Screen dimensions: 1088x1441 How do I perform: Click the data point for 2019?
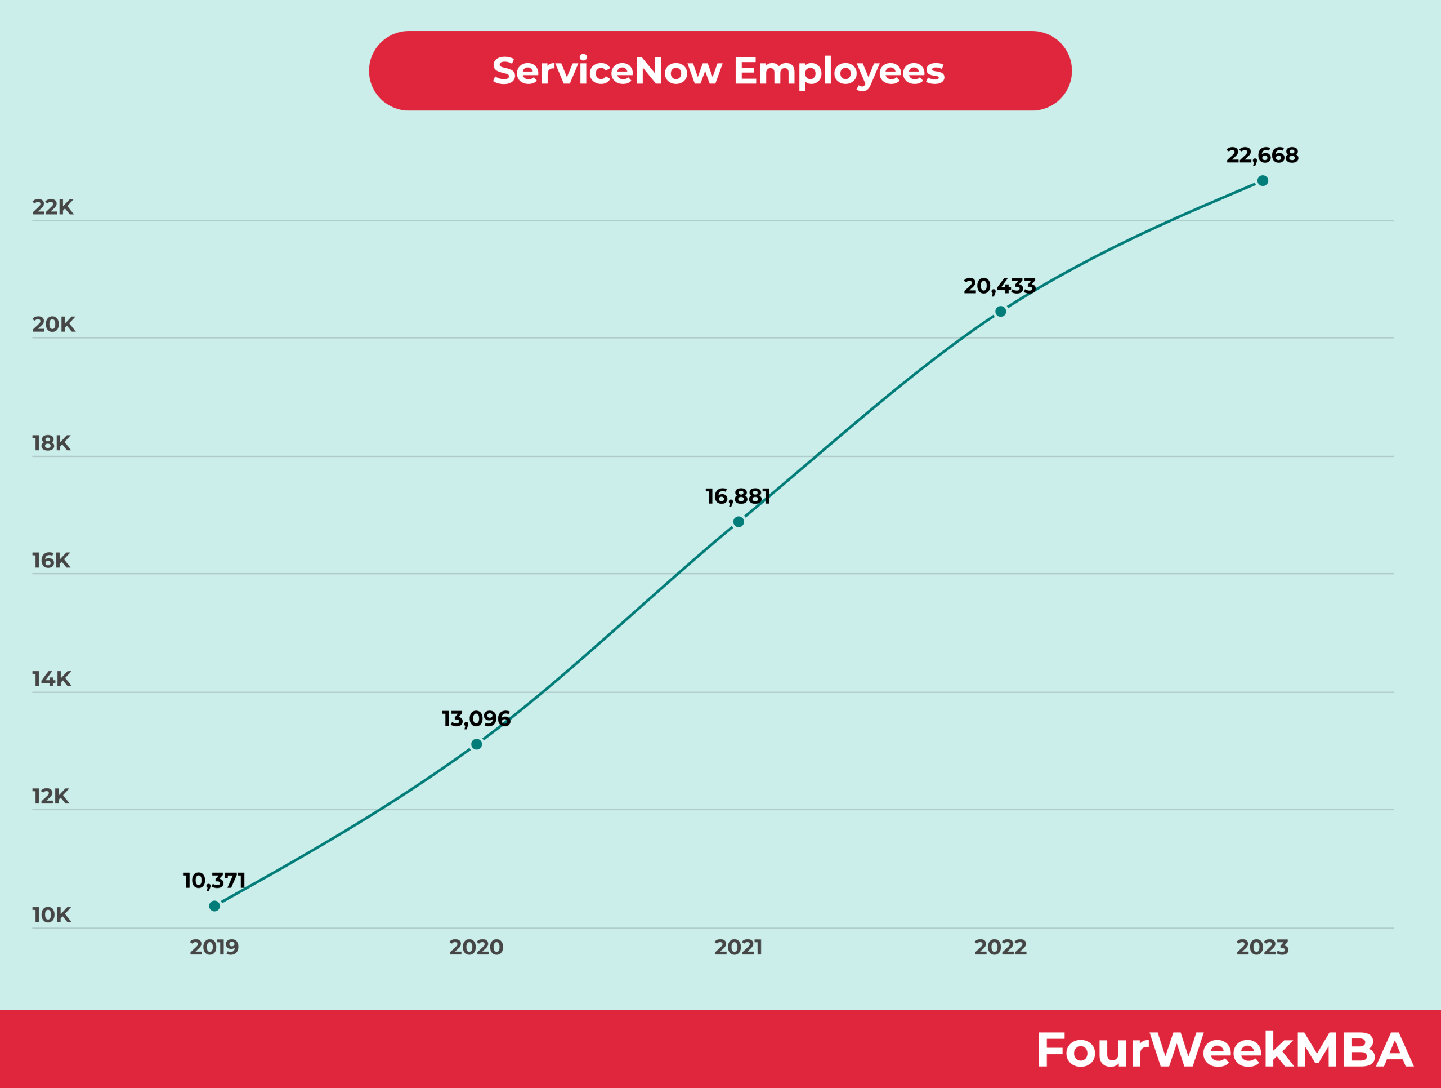click(214, 905)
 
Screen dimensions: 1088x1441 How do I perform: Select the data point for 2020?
click(476, 744)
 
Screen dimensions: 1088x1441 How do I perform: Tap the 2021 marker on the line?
click(738, 522)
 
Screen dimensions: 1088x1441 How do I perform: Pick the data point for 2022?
click(1001, 312)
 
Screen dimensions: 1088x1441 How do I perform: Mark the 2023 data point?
click(1263, 180)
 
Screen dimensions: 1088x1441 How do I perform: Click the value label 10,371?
click(214, 881)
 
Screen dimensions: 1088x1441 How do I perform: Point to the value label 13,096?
click(476, 719)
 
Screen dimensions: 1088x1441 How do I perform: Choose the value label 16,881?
click(738, 497)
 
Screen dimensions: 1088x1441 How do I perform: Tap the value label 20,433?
click(1000, 286)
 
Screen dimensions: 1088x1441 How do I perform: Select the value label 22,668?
click(1263, 155)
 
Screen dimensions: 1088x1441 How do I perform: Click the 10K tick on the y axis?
click(51, 915)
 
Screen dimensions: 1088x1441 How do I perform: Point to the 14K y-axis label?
click(51, 680)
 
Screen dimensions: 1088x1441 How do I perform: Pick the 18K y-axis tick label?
click(51, 443)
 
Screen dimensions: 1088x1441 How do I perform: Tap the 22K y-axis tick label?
click(53, 207)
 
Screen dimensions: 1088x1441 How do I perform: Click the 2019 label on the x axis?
click(214, 947)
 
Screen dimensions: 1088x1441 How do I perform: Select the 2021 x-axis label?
click(738, 947)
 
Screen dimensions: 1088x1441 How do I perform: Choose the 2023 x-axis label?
click(1263, 947)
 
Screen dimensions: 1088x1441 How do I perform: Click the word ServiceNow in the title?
click(607, 70)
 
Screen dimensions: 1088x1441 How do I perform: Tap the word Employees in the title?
click(839, 72)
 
